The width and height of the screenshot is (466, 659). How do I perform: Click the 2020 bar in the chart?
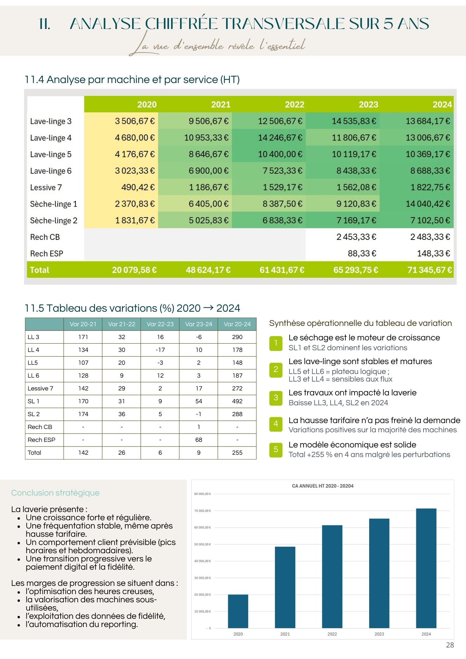[238, 611]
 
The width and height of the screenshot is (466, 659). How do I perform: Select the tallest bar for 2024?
[426, 568]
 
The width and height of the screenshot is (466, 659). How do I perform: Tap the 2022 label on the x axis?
[332, 634]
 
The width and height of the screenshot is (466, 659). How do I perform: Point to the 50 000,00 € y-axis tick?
[202, 544]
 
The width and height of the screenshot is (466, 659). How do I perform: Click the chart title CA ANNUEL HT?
[323, 486]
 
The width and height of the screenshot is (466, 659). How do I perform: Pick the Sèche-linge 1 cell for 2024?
[427, 204]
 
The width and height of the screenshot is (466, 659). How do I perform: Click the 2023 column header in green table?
[368, 104]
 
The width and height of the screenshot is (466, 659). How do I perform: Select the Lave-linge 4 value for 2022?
[280, 138]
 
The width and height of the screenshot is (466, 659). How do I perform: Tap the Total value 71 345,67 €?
[429, 270]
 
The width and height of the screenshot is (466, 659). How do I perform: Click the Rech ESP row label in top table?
[46, 253]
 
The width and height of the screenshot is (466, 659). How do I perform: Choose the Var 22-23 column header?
[160, 324]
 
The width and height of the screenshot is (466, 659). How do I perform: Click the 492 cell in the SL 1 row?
[237, 401]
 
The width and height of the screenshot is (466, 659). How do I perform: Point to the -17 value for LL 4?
[160, 350]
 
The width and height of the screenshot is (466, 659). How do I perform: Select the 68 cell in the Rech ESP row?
[198, 440]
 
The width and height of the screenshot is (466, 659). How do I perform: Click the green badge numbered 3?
[276, 397]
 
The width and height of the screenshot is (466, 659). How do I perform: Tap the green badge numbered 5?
[276, 449]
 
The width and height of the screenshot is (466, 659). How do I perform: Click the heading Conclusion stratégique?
[55, 493]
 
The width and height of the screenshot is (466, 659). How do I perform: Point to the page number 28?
[450, 645]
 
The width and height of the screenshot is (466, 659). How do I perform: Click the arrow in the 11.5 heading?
[208, 308]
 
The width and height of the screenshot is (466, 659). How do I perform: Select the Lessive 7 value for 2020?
[138, 187]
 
